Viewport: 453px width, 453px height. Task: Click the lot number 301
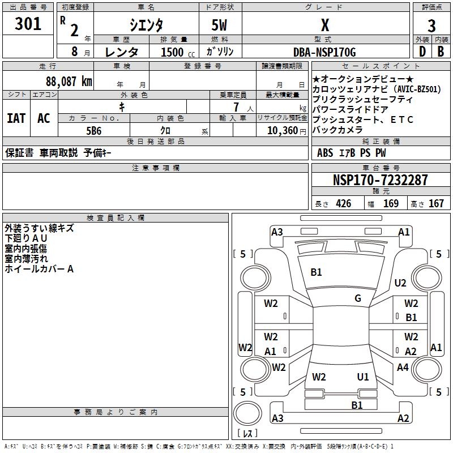(x=29, y=24)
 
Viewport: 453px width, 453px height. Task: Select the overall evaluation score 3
(x=431, y=25)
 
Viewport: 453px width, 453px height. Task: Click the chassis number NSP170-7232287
(x=380, y=180)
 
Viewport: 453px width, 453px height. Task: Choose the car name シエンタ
(x=146, y=25)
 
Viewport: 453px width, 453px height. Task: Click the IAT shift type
(x=16, y=118)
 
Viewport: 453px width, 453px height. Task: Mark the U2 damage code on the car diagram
(x=400, y=283)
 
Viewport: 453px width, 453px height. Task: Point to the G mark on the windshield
(x=358, y=298)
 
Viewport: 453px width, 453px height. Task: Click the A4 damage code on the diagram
(x=403, y=367)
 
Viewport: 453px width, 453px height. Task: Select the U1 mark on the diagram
(x=363, y=377)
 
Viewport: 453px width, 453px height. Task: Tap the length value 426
(x=343, y=204)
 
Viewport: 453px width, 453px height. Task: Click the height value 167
(x=436, y=204)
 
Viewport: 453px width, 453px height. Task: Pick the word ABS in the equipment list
(x=325, y=152)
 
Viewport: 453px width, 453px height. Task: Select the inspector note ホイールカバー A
(x=39, y=269)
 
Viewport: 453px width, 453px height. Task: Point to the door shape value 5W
(x=220, y=25)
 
